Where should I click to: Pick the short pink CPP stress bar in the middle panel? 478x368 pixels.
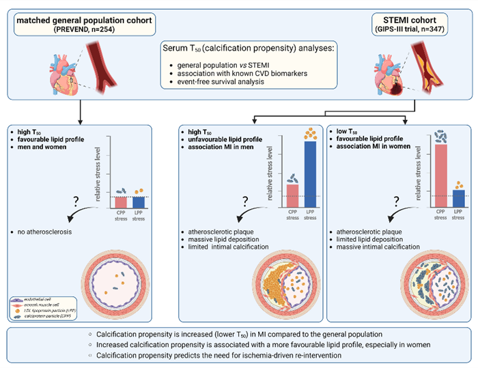(274, 194)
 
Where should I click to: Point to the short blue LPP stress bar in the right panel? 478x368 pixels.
(458, 197)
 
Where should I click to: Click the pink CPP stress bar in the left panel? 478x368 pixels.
(121, 201)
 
